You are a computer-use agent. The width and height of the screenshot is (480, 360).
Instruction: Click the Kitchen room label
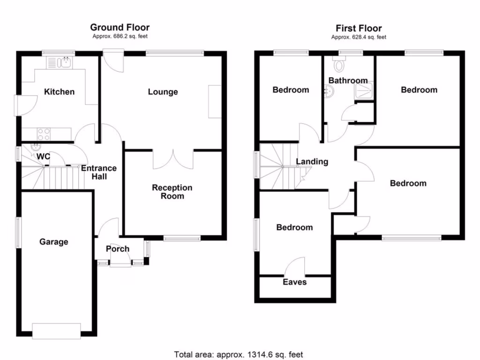point(59,92)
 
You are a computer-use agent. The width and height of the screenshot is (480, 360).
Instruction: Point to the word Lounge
point(163,92)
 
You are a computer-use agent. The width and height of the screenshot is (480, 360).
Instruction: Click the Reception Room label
point(172,192)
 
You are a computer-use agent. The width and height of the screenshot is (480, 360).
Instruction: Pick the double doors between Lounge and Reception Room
point(173,159)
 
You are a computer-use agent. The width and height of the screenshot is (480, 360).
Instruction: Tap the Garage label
point(53,242)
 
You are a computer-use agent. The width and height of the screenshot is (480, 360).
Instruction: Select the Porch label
point(117,249)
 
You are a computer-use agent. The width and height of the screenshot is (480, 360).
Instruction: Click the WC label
point(44,157)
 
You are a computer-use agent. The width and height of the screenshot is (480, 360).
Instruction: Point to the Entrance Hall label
point(99,172)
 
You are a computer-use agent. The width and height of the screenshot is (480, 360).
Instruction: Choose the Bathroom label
point(348,81)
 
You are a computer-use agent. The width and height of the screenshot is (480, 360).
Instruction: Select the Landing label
point(312,162)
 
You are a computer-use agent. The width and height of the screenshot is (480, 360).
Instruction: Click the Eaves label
point(294,282)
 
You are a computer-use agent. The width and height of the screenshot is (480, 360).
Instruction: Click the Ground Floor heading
point(120,28)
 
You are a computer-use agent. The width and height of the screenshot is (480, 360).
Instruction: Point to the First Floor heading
point(359,29)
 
